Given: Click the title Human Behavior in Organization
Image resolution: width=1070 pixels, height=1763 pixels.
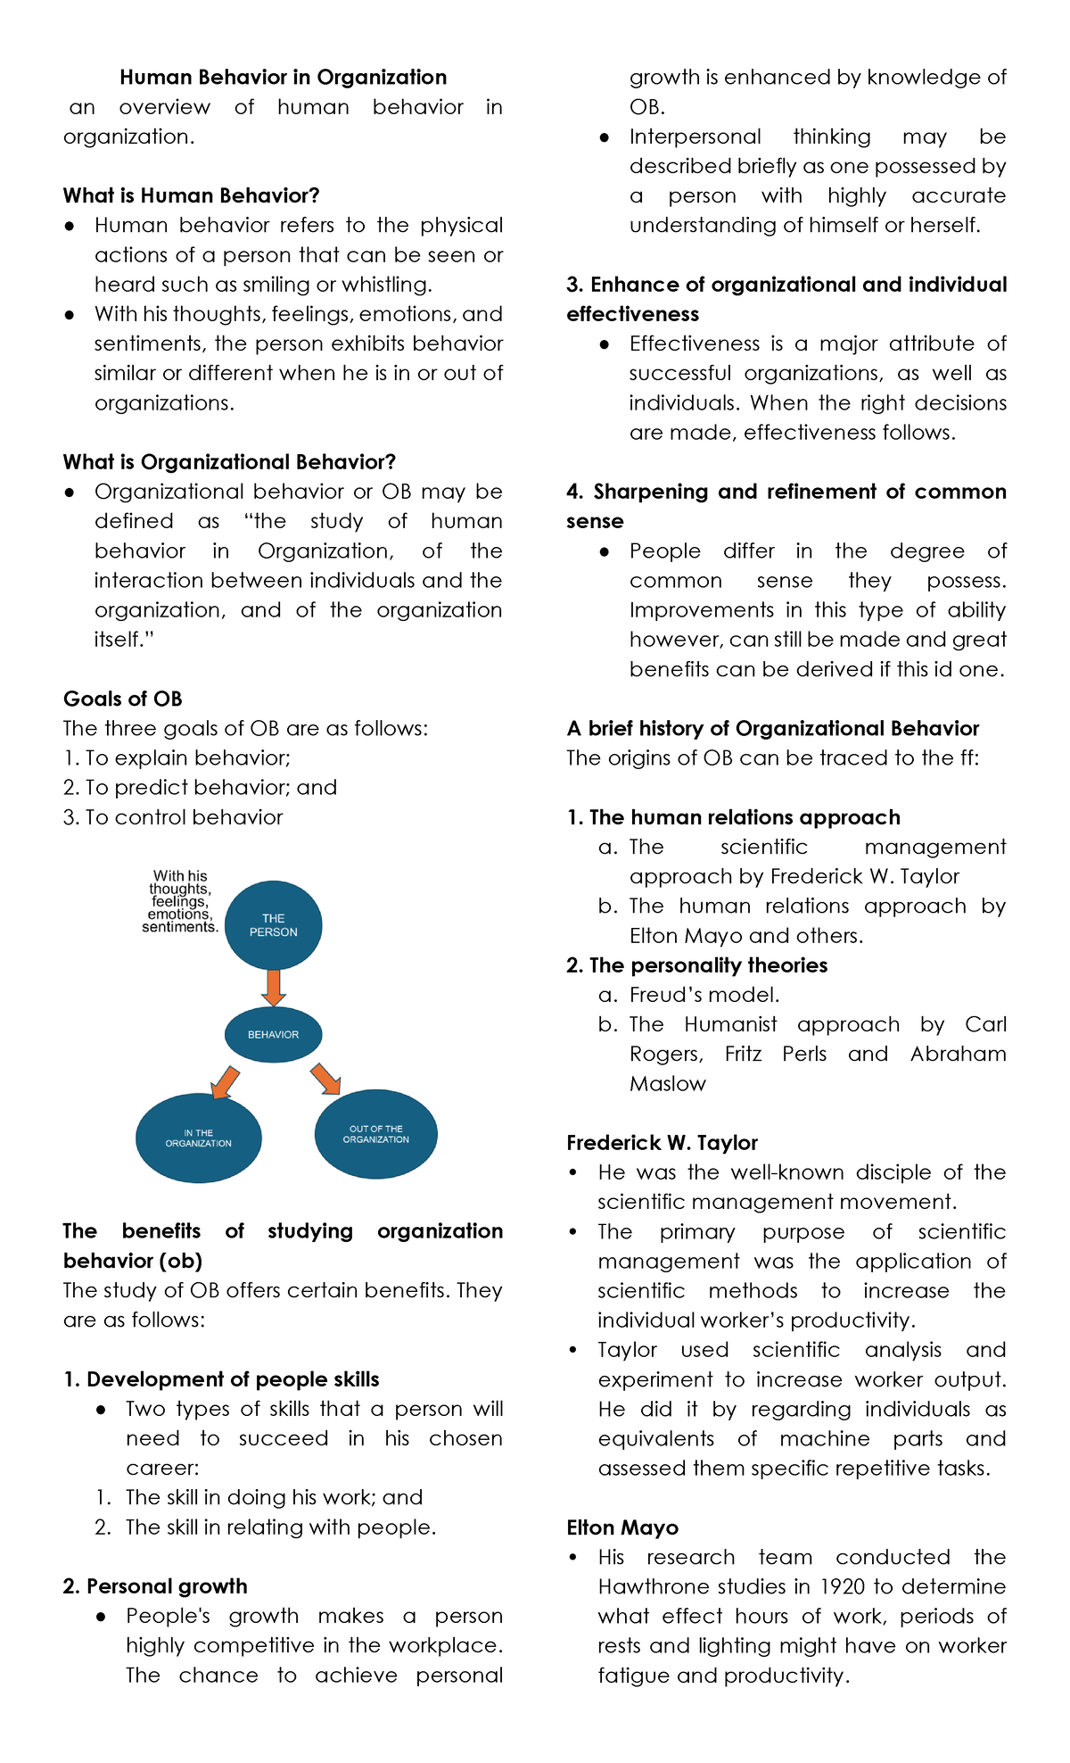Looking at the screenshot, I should pyautogui.click(x=283, y=78).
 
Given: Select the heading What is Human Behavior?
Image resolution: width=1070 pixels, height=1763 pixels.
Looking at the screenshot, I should pyautogui.click(x=191, y=195).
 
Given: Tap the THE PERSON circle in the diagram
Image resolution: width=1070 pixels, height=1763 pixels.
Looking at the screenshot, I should pyautogui.click(x=273, y=925).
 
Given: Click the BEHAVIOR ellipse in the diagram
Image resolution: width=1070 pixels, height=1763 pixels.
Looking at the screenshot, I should pyautogui.click(x=273, y=1035).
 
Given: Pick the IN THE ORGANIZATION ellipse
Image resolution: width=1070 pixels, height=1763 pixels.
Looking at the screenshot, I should pyautogui.click(x=198, y=1138).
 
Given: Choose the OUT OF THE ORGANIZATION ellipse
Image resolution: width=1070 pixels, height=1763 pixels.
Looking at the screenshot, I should pyautogui.click(x=375, y=1134).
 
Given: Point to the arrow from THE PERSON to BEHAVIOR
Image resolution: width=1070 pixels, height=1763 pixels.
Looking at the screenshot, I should pyautogui.click(x=273, y=988).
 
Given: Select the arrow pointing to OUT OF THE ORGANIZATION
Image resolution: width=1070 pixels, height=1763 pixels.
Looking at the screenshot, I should pyautogui.click(x=325, y=1079).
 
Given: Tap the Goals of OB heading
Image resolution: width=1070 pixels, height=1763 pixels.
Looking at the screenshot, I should pyautogui.click(x=122, y=699).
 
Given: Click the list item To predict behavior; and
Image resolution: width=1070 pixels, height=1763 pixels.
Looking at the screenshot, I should pyautogui.click(x=200, y=788).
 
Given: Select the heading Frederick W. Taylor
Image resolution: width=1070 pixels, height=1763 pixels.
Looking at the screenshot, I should pyautogui.click(x=662, y=1143).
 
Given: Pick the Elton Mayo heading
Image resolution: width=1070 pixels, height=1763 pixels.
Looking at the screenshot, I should pyautogui.click(x=622, y=1527).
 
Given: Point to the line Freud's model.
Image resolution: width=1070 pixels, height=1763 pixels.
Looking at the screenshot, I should pyautogui.click(x=704, y=995).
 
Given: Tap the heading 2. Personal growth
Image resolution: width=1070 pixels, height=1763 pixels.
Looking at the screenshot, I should pyautogui.click(x=155, y=1586).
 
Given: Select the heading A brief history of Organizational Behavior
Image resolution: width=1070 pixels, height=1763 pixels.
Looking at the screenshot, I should pyautogui.click(x=772, y=728).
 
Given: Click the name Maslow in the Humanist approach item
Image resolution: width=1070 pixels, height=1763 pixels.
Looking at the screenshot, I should pyautogui.click(x=667, y=1083).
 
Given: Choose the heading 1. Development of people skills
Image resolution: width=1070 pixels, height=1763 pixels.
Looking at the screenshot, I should pyautogui.click(x=221, y=1379).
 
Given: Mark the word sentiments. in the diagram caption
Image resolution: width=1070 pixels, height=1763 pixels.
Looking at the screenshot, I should pyautogui.click(x=179, y=927).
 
